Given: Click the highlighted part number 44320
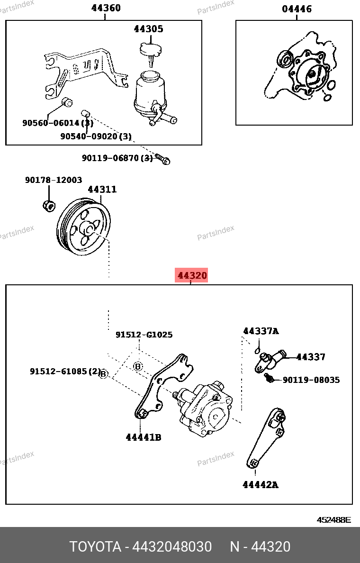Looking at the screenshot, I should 192,275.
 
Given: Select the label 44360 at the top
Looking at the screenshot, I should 106,8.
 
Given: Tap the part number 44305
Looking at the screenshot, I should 148,29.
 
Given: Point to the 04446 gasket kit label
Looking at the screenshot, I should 297,9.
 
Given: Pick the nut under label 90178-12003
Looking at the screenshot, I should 48,206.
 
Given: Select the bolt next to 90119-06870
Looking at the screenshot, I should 163,160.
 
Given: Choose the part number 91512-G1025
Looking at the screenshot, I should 144,335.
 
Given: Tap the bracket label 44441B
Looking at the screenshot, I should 144,437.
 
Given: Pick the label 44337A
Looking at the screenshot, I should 261,331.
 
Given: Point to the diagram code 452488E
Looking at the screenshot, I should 333,520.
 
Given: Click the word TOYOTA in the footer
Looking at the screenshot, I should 95,547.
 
